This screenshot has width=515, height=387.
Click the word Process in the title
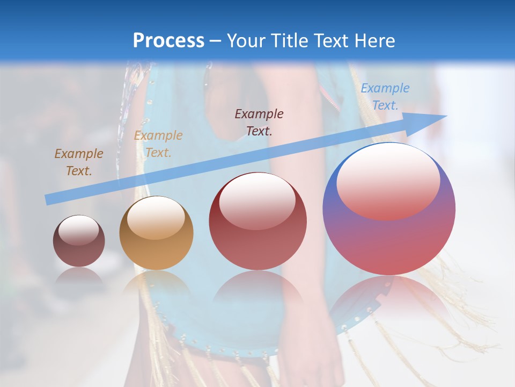pos(168,41)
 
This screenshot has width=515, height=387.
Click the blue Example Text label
pos(385,97)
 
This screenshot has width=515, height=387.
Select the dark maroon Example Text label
pos(259,122)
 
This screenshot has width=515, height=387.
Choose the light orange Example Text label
pos(158,144)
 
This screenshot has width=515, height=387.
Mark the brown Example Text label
pos(79,162)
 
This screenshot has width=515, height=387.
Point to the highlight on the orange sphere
pos(156,218)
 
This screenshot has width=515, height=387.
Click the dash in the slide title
pos(216,41)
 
